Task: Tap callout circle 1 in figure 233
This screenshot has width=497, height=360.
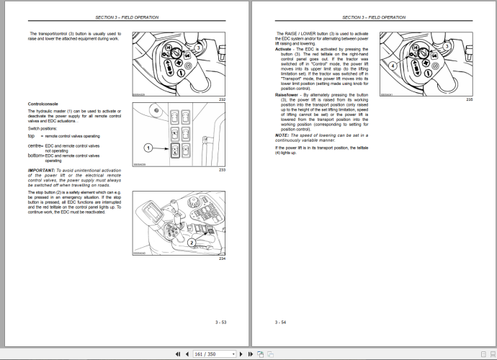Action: click(148, 148)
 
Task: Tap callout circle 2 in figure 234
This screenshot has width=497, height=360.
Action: click(192, 243)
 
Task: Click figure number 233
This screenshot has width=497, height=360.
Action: click(222, 169)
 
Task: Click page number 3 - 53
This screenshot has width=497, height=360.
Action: click(220, 322)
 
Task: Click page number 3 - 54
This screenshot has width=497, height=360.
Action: click(280, 322)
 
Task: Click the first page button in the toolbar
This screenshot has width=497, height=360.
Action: click(178, 354)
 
